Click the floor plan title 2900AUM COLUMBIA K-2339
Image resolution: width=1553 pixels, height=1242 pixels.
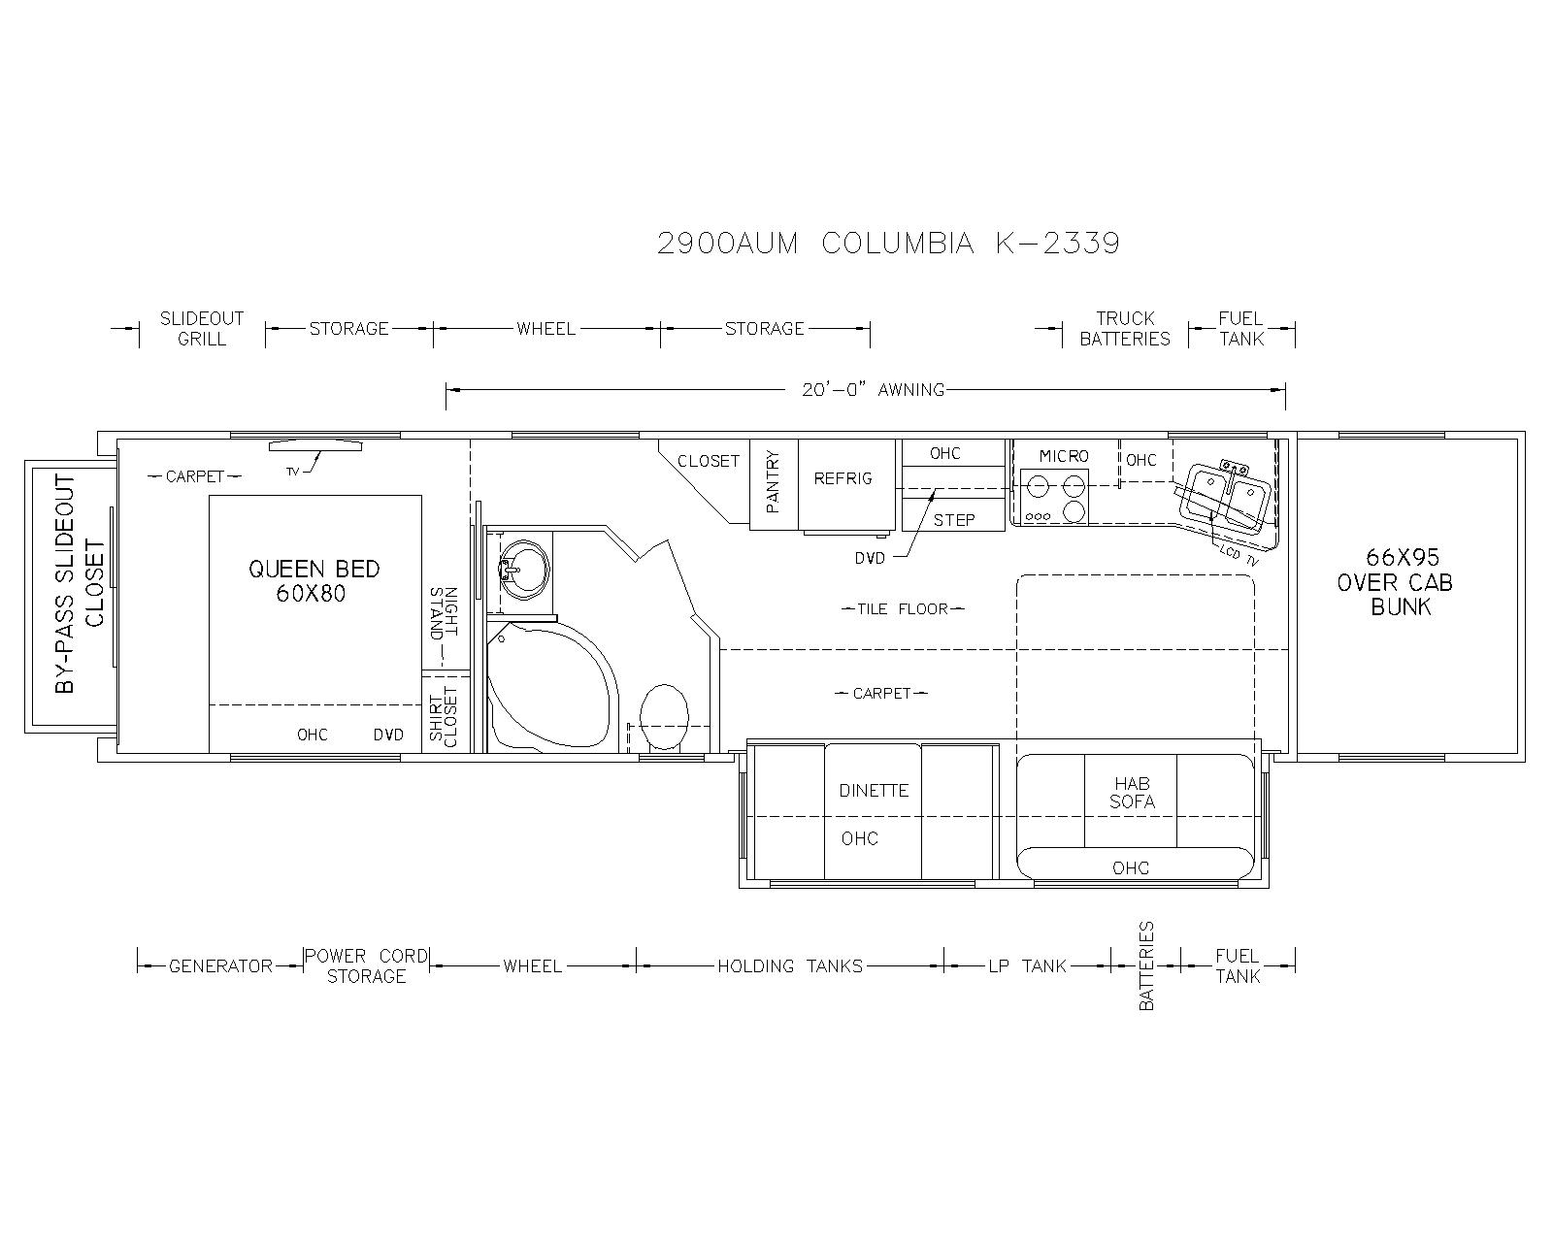tap(887, 244)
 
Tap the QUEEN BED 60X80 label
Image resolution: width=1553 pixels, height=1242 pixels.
tap(314, 581)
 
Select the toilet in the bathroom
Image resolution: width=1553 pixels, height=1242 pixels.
tap(664, 718)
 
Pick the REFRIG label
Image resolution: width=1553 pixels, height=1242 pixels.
tap(843, 478)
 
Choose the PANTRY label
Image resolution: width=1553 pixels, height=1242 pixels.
tap(773, 482)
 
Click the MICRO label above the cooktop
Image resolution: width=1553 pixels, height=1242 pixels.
tap(1064, 456)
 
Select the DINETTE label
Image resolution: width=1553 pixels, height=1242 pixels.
tap(874, 791)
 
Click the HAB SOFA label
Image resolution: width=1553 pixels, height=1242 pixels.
tap(1133, 793)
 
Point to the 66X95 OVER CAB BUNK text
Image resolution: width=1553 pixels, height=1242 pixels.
tap(1395, 581)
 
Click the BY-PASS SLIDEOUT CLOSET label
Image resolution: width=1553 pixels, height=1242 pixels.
tap(80, 584)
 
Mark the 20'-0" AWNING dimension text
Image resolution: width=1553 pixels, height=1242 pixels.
tap(874, 390)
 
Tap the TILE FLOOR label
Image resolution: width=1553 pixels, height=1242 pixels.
tap(903, 609)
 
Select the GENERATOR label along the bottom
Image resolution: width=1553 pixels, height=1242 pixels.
tap(221, 966)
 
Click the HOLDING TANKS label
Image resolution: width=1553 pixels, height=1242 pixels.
tap(790, 966)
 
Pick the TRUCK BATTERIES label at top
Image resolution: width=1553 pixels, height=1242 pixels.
tap(1125, 328)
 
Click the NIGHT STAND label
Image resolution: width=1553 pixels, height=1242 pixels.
tap(444, 613)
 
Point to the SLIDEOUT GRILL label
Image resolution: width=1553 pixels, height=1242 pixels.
tap(202, 328)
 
